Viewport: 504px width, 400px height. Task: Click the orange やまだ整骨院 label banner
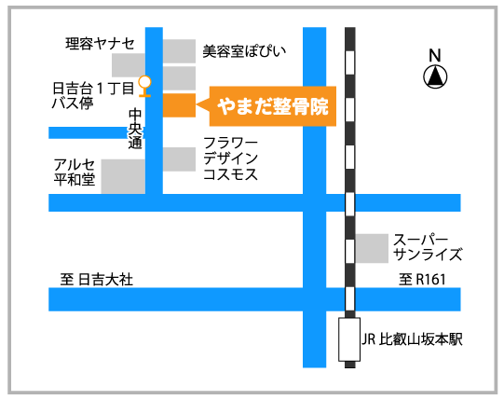point(273,106)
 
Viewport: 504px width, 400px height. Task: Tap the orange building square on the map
point(179,105)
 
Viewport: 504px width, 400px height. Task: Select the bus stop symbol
point(144,86)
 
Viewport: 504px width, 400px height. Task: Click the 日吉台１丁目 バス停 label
point(93,96)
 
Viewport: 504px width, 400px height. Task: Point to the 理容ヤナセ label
point(100,44)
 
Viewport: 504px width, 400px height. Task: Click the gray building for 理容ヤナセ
point(129,65)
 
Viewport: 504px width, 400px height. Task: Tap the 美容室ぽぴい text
point(244,51)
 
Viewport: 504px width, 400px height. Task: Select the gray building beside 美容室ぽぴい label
point(179,51)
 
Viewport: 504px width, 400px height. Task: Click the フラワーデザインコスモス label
point(230,159)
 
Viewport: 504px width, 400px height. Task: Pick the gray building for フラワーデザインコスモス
point(179,159)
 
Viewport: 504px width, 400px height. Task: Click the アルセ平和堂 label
point(75,172)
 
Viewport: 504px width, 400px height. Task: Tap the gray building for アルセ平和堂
point(123,176)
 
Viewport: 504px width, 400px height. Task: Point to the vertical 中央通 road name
point(135,129)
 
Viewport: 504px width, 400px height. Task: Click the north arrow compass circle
point(435,76)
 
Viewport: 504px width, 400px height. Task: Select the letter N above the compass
point(435,55)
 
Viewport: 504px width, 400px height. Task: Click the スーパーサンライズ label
point(428,247)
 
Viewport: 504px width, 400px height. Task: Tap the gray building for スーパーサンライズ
point(372,248)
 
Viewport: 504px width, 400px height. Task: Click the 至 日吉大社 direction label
point(97,280)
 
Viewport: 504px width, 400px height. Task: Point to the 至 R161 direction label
point(422,280)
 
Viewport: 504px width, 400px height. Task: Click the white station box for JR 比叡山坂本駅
point(349,339)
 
